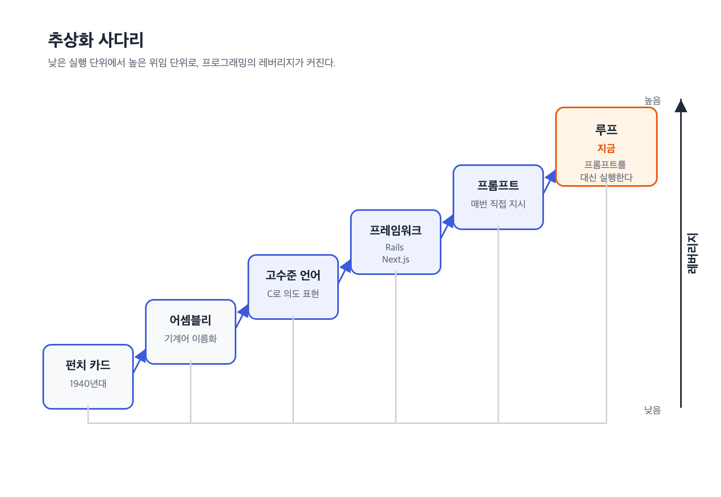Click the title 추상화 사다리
96,40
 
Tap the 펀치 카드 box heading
88,365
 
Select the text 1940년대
88,384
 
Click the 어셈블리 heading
191,320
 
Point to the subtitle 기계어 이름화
191,339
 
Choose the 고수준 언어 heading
293,275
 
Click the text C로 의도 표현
293,294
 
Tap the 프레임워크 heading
396,230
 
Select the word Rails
395,247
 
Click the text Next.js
396,259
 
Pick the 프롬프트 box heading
498,185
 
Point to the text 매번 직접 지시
498,204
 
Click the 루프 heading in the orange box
606,129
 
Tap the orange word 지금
606,148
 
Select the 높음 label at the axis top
653,101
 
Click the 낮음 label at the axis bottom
653,410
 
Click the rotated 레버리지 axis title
692,253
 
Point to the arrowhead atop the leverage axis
681,105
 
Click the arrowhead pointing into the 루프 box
551,177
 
